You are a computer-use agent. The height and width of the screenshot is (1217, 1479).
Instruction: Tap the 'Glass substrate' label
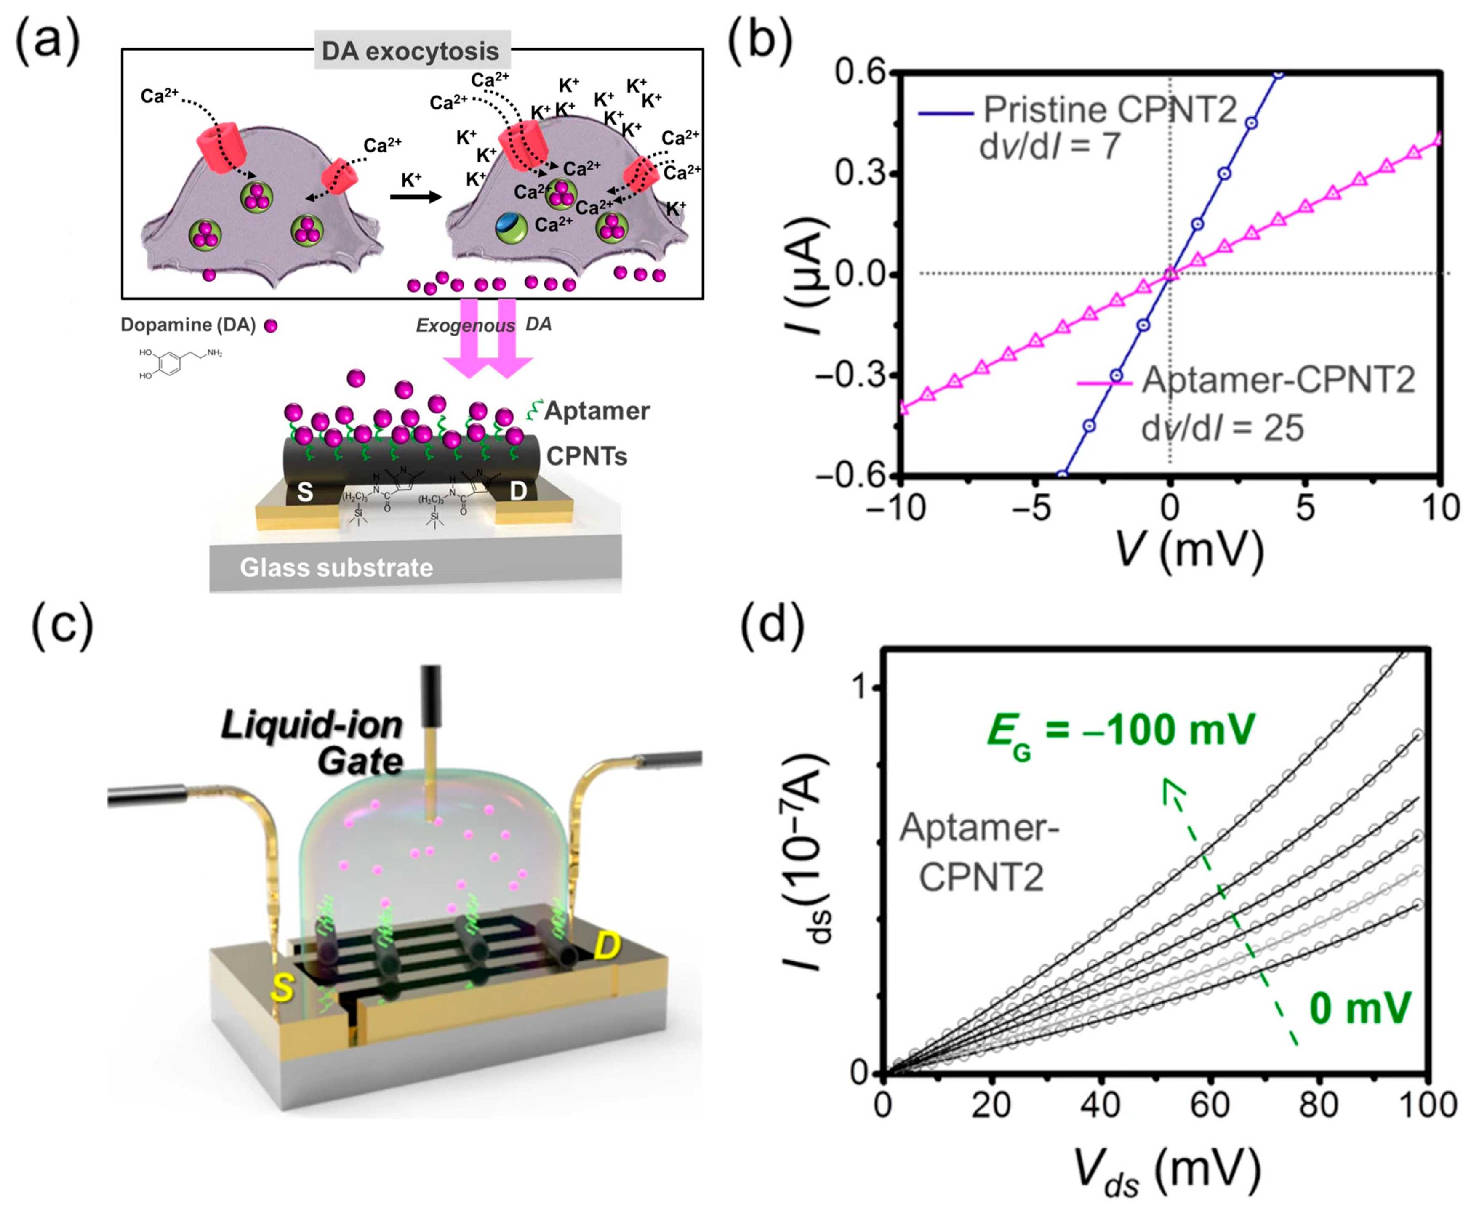336,567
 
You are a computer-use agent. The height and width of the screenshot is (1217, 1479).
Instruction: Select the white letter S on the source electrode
305,491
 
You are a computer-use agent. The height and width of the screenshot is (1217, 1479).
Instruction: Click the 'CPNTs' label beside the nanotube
587,456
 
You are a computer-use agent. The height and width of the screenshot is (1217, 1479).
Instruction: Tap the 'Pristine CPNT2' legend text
1110,110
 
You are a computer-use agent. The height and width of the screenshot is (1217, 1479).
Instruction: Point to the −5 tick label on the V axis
1034,508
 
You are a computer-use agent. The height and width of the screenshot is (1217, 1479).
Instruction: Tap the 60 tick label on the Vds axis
1209,1105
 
